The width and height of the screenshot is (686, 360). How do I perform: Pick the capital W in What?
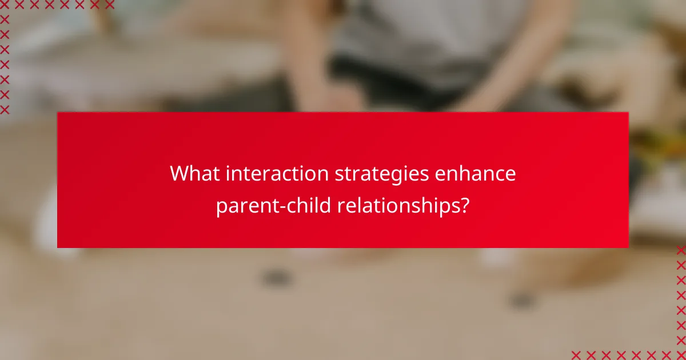180,174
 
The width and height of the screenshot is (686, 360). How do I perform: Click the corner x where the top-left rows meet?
5,5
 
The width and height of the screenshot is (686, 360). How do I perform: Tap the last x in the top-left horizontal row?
109,5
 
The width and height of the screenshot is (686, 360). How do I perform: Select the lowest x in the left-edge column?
5,109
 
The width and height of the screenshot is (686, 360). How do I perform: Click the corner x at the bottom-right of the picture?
681,354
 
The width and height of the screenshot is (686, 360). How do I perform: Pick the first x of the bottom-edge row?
576,354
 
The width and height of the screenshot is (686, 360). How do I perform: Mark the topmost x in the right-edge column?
681,250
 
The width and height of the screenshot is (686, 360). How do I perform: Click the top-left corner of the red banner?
57,112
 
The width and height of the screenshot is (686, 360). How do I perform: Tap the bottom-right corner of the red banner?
628,247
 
